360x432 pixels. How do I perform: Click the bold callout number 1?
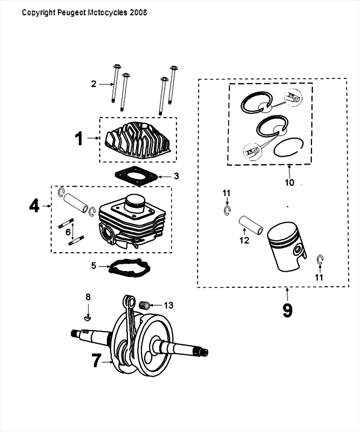coord(79,139)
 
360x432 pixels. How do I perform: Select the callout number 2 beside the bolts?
coord(93,84)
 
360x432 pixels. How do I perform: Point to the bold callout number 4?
coord(34,206)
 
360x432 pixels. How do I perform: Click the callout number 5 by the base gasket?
coord(93,266)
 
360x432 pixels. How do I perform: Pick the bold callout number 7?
coord(96,361)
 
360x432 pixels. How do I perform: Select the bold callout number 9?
coord(287,311)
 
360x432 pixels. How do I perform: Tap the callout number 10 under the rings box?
coord(289,183)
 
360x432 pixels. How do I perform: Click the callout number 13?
coord(169,305)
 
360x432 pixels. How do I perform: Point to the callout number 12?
coord(244,240)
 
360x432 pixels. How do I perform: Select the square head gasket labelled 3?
coord(135,177)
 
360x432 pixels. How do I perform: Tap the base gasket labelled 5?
coord(128,268)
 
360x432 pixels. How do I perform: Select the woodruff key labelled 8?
coord(87,318)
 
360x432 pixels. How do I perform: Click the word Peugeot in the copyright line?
coord(68,12)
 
